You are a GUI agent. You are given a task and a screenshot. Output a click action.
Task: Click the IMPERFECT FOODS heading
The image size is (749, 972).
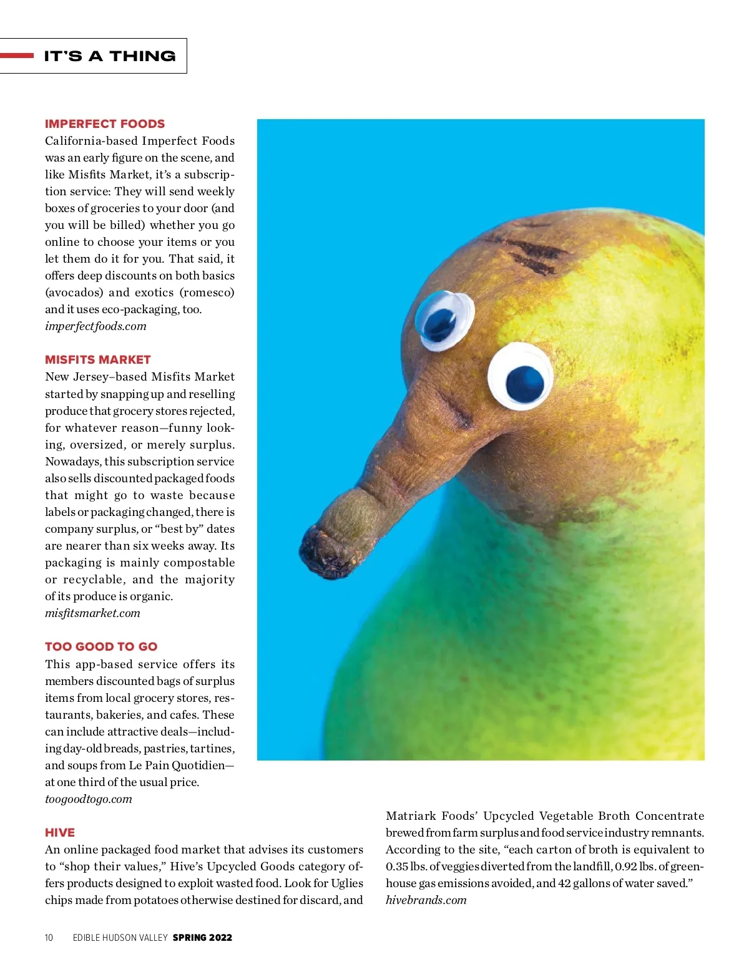pyautogui.click(x=105, y=124)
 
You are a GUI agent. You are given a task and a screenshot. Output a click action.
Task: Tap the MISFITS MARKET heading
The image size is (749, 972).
pyautogui.click(x=98, y=359)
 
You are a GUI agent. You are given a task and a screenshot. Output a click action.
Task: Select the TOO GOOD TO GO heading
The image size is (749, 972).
pyautogui.click(x=101, y=646)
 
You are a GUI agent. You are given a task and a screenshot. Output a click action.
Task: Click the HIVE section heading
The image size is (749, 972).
pyautogui.click(x=60, y=832)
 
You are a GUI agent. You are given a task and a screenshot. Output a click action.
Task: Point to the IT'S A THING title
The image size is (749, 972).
pyautogui.click(x=110, y=56)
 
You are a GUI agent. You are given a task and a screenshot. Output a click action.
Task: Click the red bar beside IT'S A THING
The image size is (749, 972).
pyautogui.click(x=17, y=56)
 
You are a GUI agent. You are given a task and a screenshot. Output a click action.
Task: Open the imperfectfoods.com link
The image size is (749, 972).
pyautogui.click(x=95, y=326)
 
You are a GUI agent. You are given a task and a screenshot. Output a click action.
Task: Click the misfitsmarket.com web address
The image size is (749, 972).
pyautogui.click(x=92, y=613)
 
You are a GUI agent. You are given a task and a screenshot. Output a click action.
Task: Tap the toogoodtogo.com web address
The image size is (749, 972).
pyautogui.click(x=89, y=799)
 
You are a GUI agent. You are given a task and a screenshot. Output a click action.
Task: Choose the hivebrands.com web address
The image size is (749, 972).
pyautogui.click(x=426, y=900)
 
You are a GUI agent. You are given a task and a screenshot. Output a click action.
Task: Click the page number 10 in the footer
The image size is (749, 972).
pyautogui.click(x=49, y=937)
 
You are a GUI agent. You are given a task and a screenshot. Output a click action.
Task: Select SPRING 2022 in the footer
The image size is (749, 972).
pyautogui.click(x=202, y=937)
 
